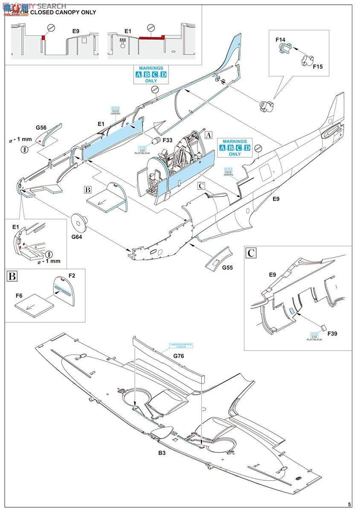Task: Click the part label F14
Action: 280,40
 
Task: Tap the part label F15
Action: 318,67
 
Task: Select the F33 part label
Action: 168,140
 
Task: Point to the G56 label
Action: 41,128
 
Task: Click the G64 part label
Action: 77,236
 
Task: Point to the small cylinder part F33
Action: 157,141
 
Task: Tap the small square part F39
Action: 323,328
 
